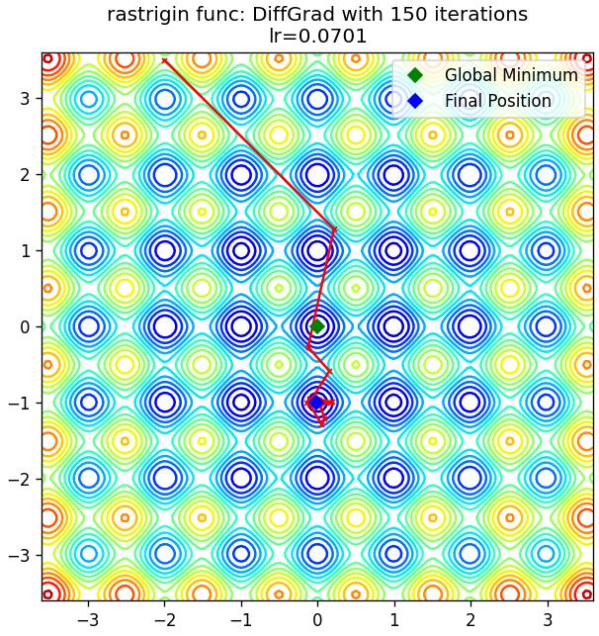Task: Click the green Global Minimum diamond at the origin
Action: [x=317, y=326]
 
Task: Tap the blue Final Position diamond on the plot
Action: [x=315, y=403]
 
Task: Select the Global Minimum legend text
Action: [x=511, y=75]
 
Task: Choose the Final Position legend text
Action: [x=498, y=101]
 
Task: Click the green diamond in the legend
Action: [x=415, y=75]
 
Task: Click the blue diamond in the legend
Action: [x=415, y=101]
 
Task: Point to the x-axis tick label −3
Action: [x=89, y=620]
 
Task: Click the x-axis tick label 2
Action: [x=471, y=620]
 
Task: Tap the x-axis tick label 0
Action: [x=317, y=620]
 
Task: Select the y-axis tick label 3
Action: [x=25, y=98]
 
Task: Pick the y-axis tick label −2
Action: [x=19, y=479]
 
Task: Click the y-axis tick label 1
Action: [x=25, y=250]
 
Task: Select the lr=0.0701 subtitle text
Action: [x=318, y=36]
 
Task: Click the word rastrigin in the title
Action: [x=148, y=16]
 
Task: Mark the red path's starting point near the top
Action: [x=164, y=61]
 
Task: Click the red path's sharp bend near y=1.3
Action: [x=334, y=229]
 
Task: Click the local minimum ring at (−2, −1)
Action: [x=165, y=403]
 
